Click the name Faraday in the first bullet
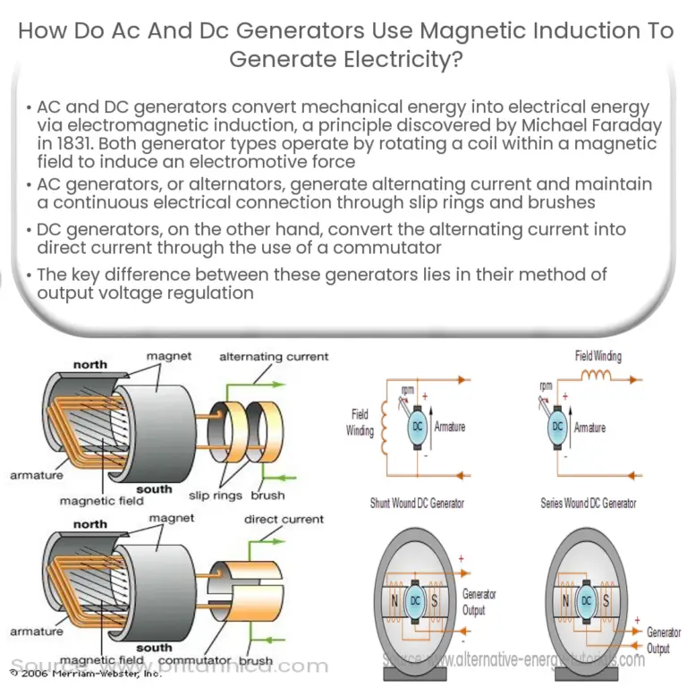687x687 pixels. point(616,126)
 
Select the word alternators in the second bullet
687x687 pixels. point(187,183)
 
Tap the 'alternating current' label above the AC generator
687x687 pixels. point(274,356)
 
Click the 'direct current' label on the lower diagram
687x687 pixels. point(284,519)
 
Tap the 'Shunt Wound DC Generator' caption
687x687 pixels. point(417,504)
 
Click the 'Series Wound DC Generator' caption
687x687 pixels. point(588,504)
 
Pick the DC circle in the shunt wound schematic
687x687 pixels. point(416,428)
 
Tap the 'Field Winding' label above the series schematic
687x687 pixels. point(598,356)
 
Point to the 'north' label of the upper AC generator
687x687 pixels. point(89,364)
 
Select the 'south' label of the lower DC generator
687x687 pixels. point(154,647)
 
